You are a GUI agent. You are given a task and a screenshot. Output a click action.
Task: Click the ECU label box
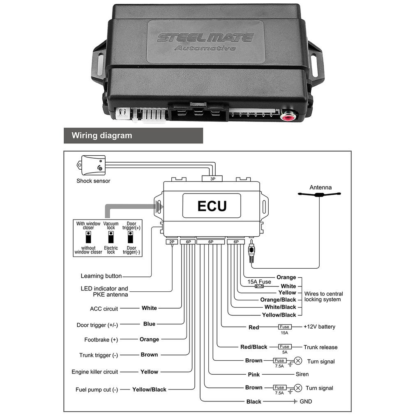212,205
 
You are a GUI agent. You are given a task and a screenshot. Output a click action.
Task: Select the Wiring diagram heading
102,135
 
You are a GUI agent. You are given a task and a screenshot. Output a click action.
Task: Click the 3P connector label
212,179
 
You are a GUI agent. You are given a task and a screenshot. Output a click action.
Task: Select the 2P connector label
171,242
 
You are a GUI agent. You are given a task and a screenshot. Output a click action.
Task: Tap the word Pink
254,374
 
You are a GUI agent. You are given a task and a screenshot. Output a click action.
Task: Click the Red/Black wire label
254,347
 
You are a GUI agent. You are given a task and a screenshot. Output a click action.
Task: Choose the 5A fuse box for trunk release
284,347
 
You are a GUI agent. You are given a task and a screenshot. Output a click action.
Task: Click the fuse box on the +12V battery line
284,327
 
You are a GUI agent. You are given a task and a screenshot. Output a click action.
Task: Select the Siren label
302,374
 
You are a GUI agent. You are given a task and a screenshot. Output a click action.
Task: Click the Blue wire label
149,324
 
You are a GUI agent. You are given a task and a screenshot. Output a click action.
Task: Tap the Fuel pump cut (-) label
97,390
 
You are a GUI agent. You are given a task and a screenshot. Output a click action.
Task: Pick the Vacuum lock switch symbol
111,237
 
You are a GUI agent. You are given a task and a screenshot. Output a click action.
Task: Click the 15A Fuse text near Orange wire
259,282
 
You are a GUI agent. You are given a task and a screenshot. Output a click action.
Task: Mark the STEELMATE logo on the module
205,38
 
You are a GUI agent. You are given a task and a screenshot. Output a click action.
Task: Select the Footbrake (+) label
101,339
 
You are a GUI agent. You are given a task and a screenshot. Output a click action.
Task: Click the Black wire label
254,401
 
